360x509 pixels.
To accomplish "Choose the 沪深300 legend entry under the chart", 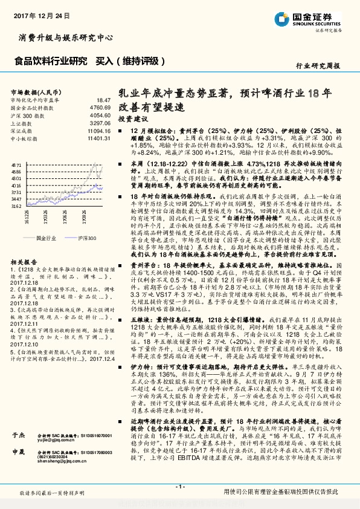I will [x=87, y=239].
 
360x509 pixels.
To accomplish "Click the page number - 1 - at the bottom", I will [x=179, y=486].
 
